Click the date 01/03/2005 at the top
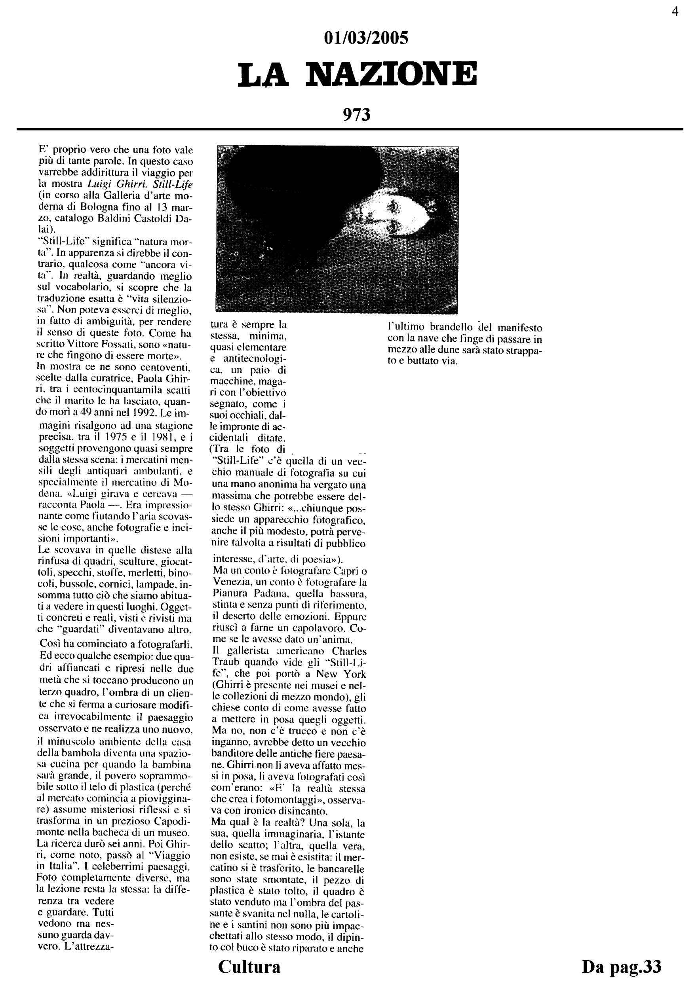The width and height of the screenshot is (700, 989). (366, 38)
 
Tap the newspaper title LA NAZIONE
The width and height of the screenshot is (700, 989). (358, 74)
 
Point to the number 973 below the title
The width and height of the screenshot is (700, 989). (356, 115)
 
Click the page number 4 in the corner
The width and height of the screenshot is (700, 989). (675, 12)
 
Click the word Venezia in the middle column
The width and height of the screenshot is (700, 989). (231, 583)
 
